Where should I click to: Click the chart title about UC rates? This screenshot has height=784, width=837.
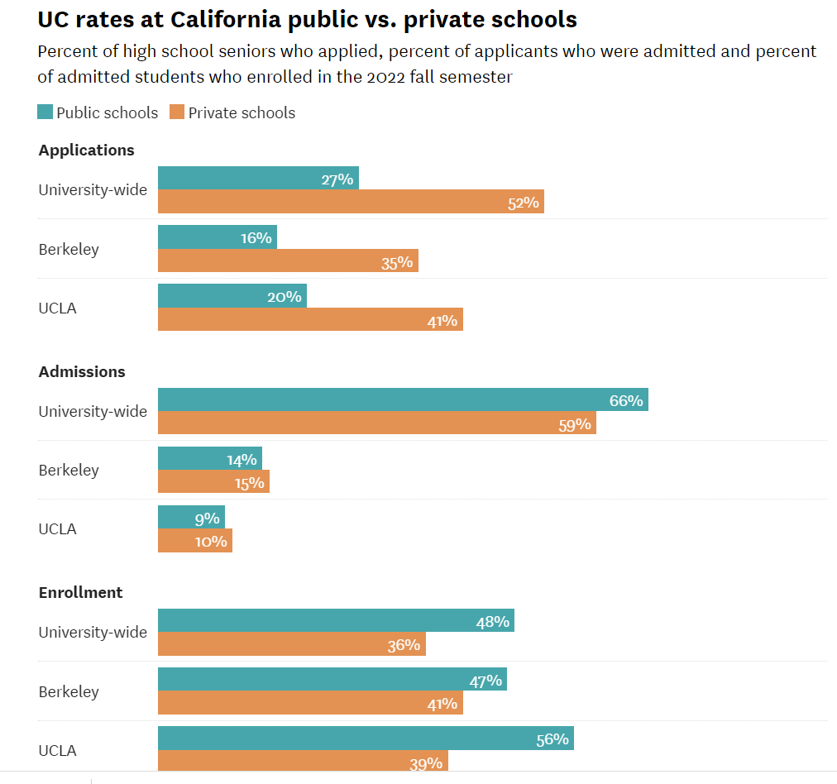click(x=307, y=19)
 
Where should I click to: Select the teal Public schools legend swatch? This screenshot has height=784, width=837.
click(x=45, y=112)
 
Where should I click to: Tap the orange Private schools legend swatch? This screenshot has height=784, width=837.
click(x=177, y=112)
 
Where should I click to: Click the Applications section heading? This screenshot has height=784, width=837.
click(x=86, y=151)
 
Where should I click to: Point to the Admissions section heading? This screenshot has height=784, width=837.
click(x=82, y=372)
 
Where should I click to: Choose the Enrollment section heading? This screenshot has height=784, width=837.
click(x=80, y=593)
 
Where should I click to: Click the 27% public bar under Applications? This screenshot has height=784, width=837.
click(x=258, y=178)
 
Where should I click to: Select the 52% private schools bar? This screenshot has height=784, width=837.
click(x=351, y=202)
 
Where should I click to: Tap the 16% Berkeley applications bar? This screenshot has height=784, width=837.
click(x=218, y=237)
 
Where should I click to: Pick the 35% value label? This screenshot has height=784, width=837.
click(x=397, y=262)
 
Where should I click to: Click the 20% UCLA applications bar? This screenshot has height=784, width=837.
click(x=232, y=296)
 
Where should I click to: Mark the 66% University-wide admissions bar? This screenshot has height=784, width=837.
click(x=403, y=399)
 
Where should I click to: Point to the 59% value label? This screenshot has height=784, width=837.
click(x=575, y=424)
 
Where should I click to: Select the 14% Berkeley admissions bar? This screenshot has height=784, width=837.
click(x=210, y=458)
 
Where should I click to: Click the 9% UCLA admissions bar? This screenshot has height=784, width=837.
click(x=191, y=517)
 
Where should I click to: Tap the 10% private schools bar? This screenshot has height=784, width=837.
click(x=195, y=541)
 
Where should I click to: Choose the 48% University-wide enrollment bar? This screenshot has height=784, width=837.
click(x=336, y=620)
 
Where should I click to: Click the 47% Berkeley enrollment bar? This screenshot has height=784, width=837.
click(x=332, y=680)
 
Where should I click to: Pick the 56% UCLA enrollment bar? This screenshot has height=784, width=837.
click(x=366, y=739)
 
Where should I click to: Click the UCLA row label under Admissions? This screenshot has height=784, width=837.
click(x=57, y=529)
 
